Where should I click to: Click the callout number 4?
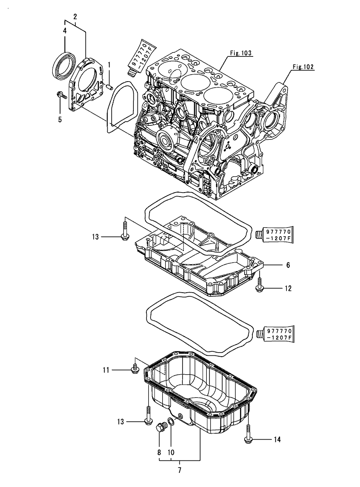65,31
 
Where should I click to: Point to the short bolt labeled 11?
134,369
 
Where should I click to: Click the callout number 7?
179,471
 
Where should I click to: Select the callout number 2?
75,16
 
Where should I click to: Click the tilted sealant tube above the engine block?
141,56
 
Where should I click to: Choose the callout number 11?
106,370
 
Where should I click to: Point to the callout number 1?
109,64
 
